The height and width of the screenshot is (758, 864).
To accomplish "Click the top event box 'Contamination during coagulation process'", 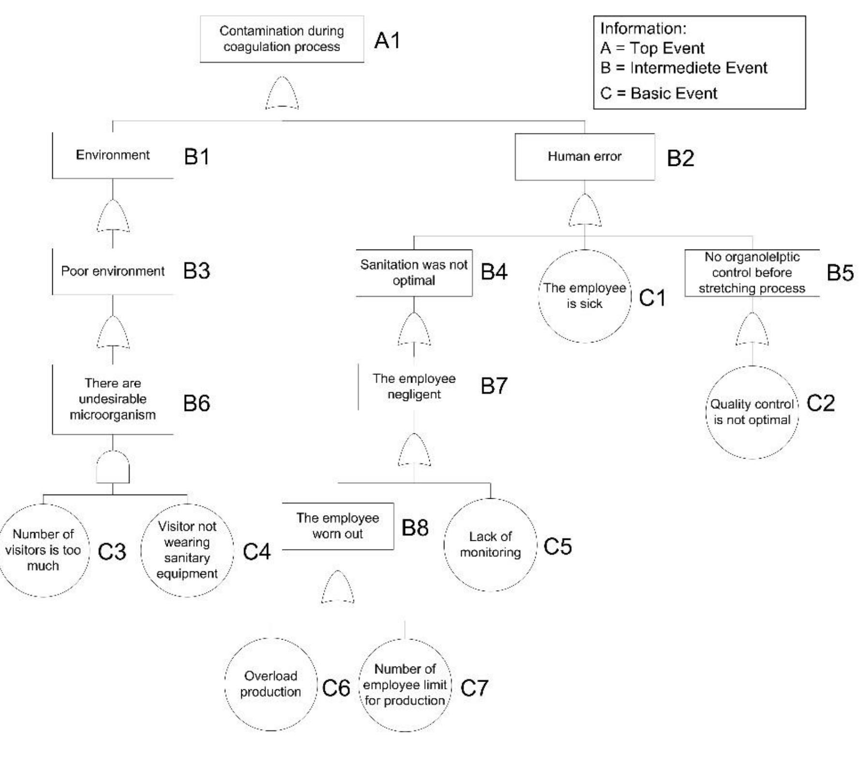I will click(x=282, y=39).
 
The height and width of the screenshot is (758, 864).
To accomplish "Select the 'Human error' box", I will click(x=585, y=157).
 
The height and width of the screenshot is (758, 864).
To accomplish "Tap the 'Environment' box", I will click(x=113, y=155).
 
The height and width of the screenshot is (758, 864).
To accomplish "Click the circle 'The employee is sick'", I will click(x=585, y=296).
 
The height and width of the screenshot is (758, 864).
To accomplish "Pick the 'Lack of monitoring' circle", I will click(x=490, y=545).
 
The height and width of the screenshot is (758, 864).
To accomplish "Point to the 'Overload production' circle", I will click(x=270, y=684).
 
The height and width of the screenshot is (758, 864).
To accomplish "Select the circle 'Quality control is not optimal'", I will click(x=752, y=412).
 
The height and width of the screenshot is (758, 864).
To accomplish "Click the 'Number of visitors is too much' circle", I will click(x=43, y=550).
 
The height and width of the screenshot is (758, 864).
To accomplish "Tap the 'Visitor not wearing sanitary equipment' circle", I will click(x=187, y=550).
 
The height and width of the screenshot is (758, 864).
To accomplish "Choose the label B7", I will click(x=494, y=386).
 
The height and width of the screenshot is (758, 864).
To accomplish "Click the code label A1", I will click(x=387, y=41).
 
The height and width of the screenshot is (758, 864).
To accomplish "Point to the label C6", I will click(x=336, y=688).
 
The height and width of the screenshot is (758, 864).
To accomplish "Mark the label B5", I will click(x=840, y=273).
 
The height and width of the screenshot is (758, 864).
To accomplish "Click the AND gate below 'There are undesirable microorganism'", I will click(x=113, y=467).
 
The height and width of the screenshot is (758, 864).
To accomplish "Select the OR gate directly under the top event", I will click(x=282, y=93).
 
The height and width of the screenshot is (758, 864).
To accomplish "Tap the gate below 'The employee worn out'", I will click(x=337, y=587).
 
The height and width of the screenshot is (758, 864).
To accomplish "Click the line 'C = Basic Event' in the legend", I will click(x=659, y=93).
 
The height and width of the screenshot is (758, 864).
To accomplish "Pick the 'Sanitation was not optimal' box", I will click(x=414, y=273).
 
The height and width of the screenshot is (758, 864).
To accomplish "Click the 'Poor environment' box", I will click(x=113, y=271).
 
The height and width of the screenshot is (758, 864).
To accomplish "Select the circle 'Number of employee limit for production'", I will click(x=405, y=685).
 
